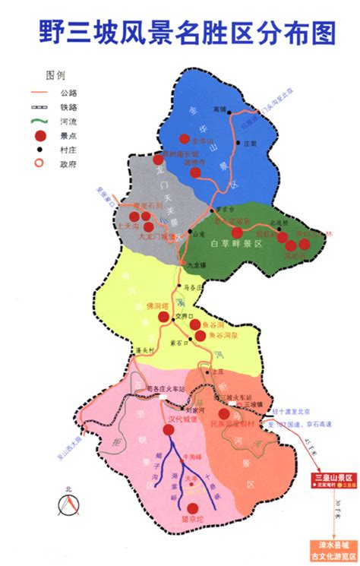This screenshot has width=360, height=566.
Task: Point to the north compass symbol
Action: coord(70,502)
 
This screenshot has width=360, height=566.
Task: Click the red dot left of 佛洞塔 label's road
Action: coord(163,317)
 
